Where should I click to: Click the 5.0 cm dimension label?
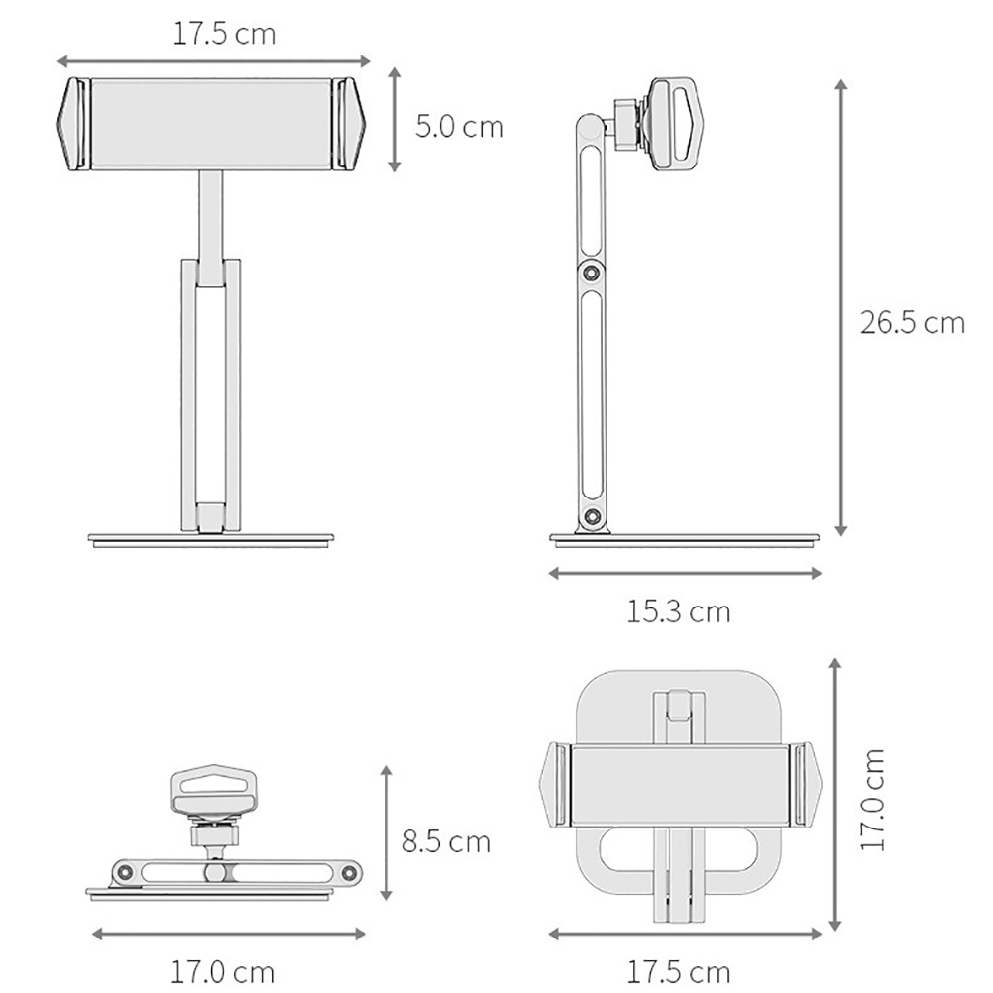coord(459,127)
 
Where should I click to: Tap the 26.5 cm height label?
coord(912,323)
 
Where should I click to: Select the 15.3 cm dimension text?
coord(678,611)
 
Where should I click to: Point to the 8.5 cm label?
coord(447,842)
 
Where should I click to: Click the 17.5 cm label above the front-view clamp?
coord(224,34)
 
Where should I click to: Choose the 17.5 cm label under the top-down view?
coord(678,972)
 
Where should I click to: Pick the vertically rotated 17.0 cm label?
coord(873,799)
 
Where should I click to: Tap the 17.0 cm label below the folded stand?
coord(222,972)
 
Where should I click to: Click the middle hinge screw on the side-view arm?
coord(592,273)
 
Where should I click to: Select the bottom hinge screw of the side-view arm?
coord(593,516)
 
